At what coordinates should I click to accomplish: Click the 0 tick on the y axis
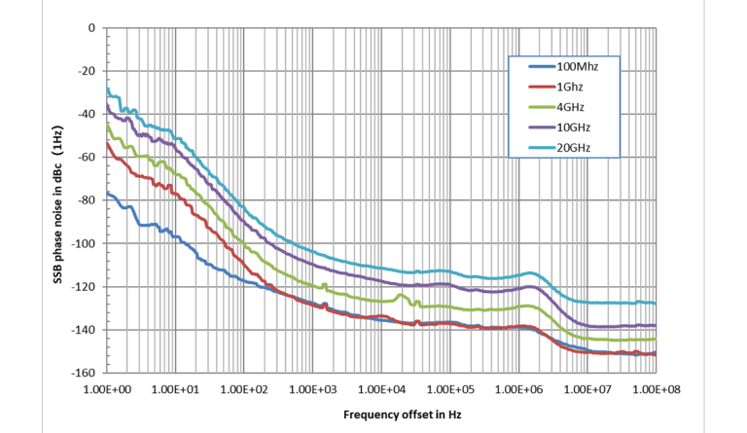click(90, 28)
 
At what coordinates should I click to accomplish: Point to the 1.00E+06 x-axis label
click(518, 390)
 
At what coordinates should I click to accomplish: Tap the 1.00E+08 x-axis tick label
click(656, 390)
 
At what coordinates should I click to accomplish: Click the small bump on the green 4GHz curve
click(402, 295)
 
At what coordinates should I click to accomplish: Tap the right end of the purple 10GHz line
click(655, 325)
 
